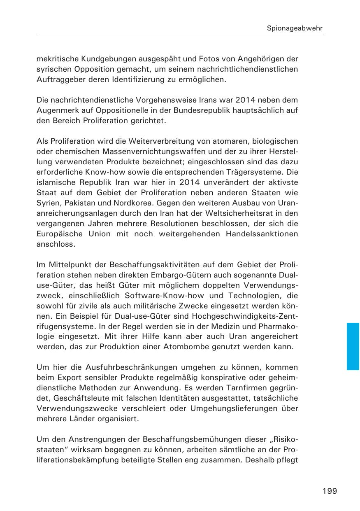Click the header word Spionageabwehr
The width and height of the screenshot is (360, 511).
coord(295,28)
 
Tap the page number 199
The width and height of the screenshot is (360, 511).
coord(330,491)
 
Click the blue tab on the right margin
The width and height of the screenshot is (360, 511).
coord(353,346)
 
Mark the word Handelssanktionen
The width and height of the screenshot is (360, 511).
coord(262,234)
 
